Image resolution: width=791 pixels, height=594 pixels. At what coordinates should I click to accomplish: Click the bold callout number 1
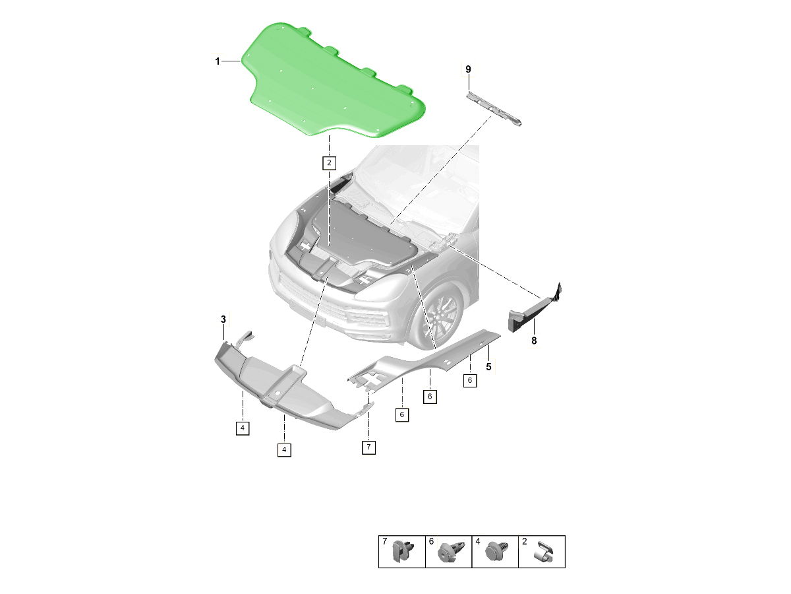point(218,61)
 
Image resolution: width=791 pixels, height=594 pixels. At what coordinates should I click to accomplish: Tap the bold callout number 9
point(468,69)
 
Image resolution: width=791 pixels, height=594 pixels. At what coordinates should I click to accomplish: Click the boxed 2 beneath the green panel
point(329,163)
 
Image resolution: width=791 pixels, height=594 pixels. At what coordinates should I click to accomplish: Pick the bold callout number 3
point(223,319)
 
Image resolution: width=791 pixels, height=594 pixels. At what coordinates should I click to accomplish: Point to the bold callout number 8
point(534,341)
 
